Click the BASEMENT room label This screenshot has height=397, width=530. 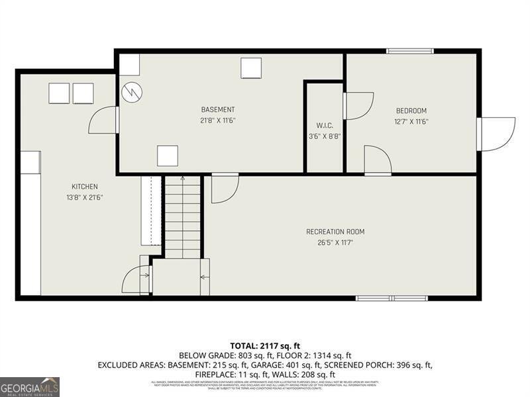click(218, 110)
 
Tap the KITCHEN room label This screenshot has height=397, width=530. click(85, 187)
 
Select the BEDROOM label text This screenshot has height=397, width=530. click(411, 110)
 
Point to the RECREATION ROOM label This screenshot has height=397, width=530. click(335, 232)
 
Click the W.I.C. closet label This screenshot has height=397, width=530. click(325, 126)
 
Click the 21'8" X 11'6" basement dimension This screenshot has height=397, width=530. click(218, 120)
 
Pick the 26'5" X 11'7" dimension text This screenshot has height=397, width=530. click(335, 242)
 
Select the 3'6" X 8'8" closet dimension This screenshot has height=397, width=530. click(325, 136)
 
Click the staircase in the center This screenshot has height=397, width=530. click(182, 217)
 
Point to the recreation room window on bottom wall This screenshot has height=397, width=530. click(392, 298)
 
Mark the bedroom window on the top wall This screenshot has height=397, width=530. click(410, 51)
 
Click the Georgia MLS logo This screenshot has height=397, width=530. click(30, 386)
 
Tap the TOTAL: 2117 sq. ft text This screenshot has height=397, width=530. click(265, 345)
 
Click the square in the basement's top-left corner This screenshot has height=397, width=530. click(129, 65)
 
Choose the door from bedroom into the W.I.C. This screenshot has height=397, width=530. click(358, 106)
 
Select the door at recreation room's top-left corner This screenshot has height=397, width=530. click(224, 188)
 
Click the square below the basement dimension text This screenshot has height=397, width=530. click(168, 156)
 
